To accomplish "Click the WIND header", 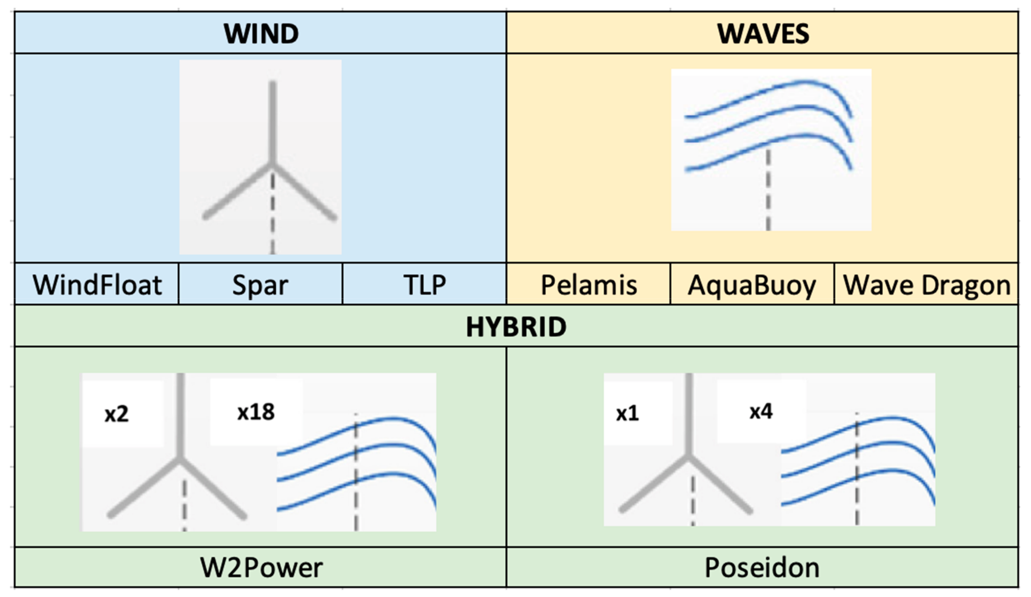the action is tap(261, 33).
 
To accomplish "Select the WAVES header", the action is tap(763, 33).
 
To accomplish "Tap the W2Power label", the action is tap(261, 568).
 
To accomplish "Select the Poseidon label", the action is tap(762, 568).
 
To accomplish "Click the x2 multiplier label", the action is tap(117, 414).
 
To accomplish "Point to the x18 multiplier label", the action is tap(256, 412).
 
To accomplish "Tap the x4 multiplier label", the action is tap(761, 411).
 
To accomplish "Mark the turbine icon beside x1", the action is tap(687, 462).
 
